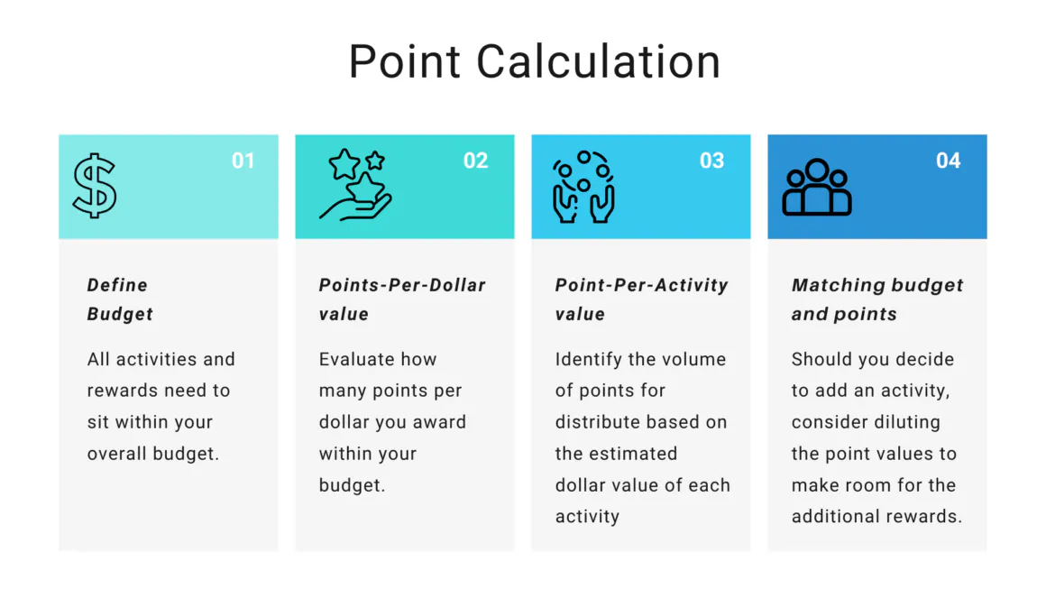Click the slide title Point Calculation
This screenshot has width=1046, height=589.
point(534,61)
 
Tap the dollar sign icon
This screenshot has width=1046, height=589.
point(95,186)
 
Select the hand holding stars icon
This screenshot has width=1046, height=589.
point(355,185)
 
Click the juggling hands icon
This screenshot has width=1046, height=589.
point(583,187)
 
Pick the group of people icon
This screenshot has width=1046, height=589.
point(817,188)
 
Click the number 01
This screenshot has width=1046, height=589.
point(243,161)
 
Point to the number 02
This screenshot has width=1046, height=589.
point(476,161)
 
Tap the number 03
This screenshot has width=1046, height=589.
point(712,161)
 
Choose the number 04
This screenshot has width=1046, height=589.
point(949,161)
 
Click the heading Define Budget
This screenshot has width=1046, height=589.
point(120,299)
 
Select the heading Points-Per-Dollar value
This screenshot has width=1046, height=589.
point(402,299)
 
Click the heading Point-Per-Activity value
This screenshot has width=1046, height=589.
point(641,299)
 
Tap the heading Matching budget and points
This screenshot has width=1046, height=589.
point(876,299)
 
